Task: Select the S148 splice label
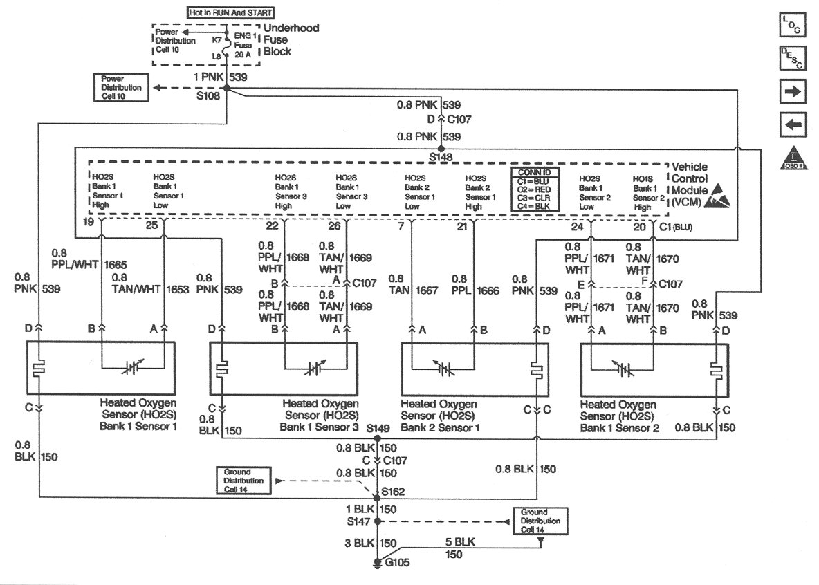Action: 441,158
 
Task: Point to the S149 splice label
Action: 378,429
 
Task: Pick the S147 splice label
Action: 359,520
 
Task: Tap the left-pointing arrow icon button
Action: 792,125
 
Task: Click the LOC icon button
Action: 792,26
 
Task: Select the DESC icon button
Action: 792,58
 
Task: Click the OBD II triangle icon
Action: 793,159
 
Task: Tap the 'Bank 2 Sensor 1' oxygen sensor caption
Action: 437,428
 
